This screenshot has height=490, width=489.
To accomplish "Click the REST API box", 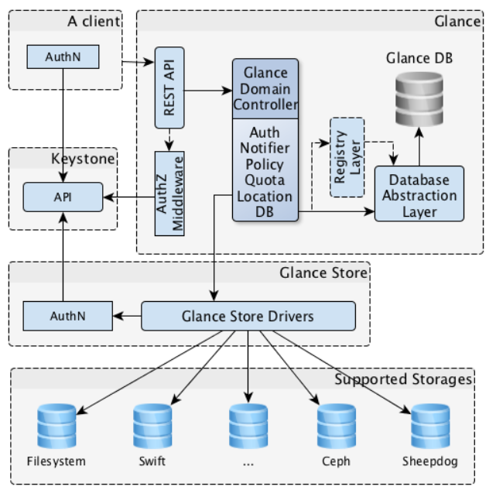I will coord(169,87).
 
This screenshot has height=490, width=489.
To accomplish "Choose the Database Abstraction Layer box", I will coord(419,194).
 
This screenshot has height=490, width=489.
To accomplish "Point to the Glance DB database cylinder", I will coord(418,101).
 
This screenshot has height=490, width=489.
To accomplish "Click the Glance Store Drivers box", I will coord(248,315).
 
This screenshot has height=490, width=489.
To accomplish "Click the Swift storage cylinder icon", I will coord(152,425).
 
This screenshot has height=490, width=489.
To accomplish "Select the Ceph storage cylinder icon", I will coord(337,425).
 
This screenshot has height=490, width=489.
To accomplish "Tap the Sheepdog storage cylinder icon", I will coord(430,425).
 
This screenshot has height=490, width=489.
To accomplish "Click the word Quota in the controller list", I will coord(265,180).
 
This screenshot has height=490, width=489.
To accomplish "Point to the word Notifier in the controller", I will coord(265,149).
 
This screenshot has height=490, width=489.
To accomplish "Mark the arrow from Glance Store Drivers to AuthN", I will coord(125,315).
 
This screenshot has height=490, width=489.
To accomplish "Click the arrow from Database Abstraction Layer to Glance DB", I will coord(419,147).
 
